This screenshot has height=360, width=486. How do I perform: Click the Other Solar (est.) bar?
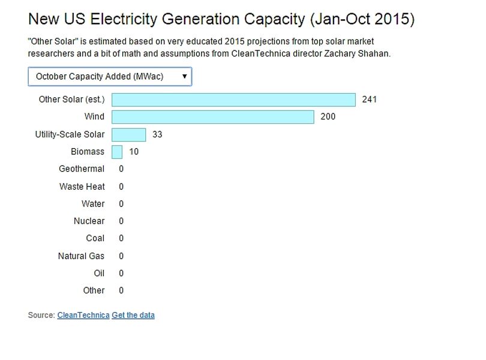234,100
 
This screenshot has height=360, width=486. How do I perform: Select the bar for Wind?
213,117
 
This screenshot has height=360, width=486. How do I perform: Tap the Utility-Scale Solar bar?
128,134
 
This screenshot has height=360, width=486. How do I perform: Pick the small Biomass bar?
117,152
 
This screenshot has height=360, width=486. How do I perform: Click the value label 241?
370,100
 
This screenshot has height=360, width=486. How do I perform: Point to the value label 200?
328,116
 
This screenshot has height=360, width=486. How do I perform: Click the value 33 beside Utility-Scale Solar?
157,134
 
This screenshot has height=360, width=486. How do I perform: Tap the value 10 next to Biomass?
134,152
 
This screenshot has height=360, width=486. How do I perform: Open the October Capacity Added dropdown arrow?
184,76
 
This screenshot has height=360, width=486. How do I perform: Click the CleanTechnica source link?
83,315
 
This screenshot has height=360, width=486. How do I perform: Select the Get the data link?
133,315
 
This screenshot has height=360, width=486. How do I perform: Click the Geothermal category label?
82,169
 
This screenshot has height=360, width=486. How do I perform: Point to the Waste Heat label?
82,187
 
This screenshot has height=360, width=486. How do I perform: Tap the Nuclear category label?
89,221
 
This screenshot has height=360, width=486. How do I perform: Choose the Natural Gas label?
81,256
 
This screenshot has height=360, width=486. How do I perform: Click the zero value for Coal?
121,238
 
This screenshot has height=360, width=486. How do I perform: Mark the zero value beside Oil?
121,273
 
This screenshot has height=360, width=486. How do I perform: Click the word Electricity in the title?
124,19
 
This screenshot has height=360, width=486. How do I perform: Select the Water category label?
93,204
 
